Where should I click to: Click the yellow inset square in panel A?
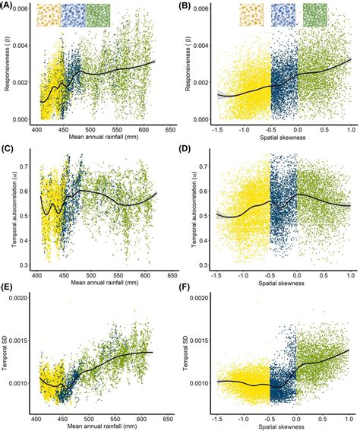coord(48,15)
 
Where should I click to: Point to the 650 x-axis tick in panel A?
coord(172,130)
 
